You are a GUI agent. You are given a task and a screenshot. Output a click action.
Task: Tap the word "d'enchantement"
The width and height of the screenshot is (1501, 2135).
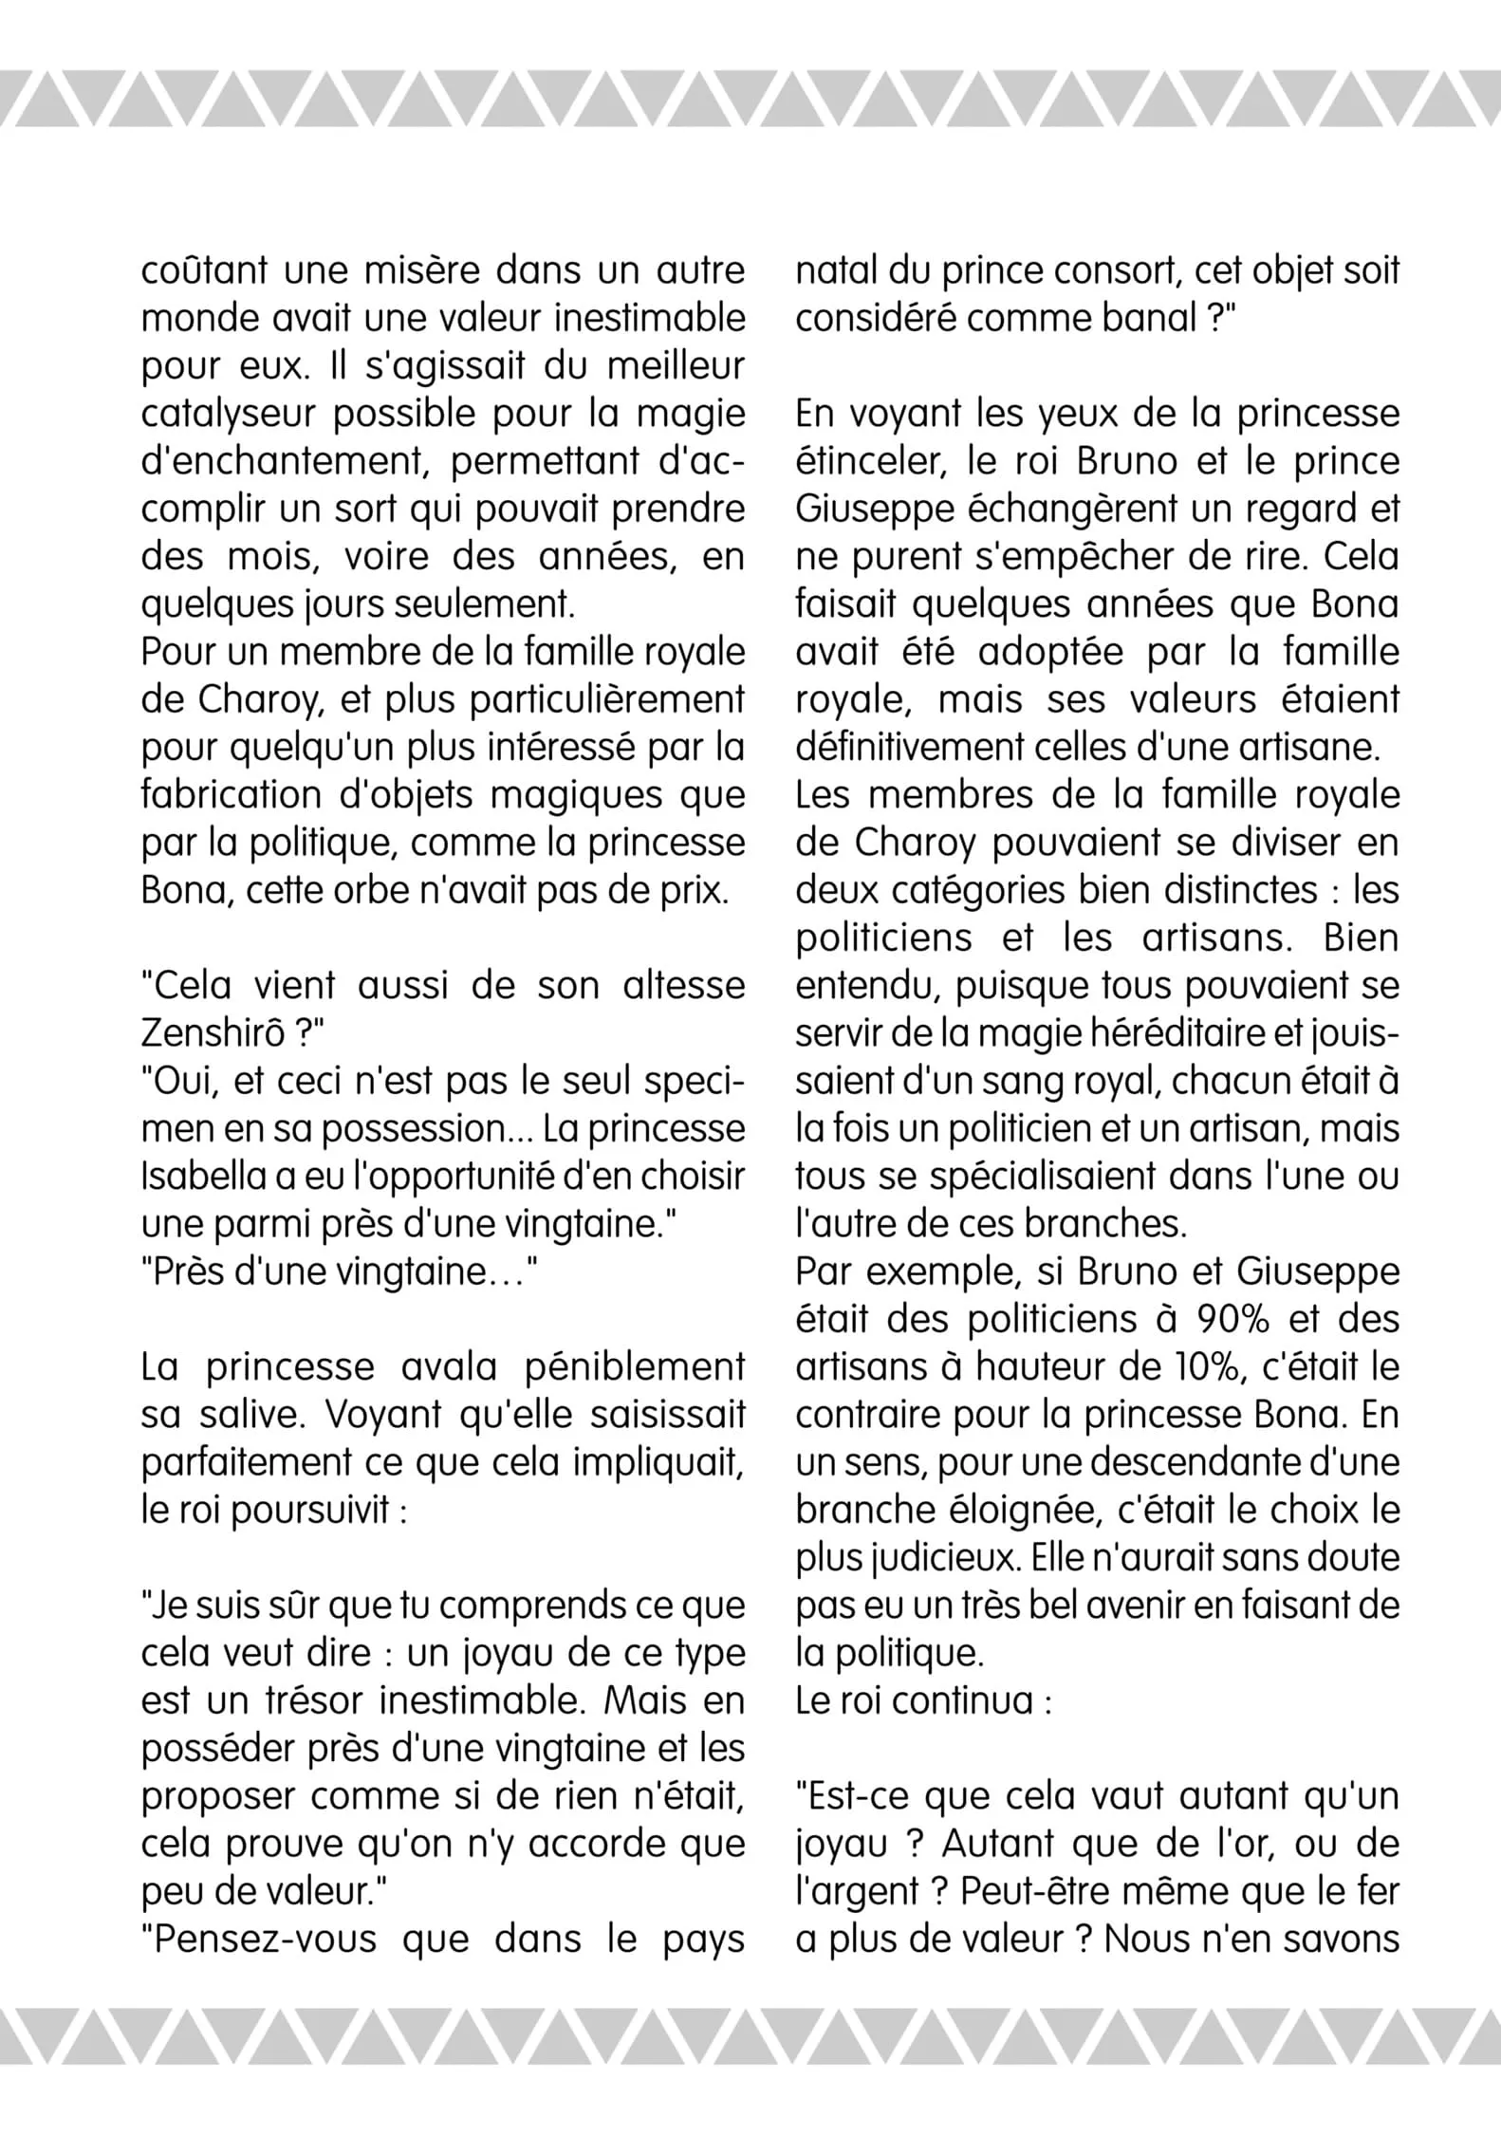(284, 462)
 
